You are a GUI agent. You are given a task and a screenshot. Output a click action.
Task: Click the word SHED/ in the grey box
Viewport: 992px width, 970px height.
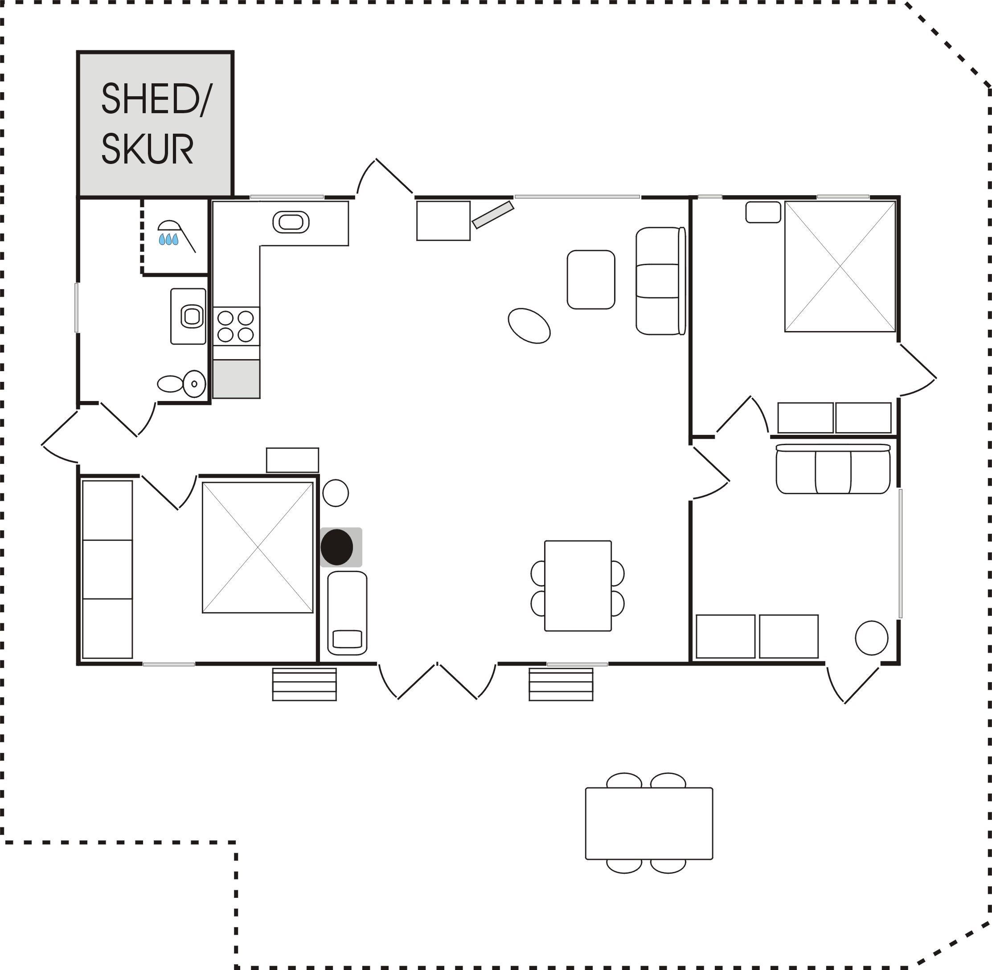pyautogui.click(x=156, y=99)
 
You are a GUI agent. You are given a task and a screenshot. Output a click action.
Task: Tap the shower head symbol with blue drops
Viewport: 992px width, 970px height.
pyautogui.click(x=176, y=235)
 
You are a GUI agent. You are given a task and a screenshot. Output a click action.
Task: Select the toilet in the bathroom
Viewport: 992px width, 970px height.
pyautogui.click(x=182, y=384)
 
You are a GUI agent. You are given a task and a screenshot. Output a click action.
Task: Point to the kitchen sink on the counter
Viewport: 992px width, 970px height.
pyautogui.click(x=291, y=223)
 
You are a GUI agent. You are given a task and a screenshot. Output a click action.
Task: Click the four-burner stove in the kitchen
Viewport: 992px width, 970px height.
pyautogui.click(x=236, y=326)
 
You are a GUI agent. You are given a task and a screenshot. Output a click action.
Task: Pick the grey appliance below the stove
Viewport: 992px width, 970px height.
pyautogui.click(x=236, y=379)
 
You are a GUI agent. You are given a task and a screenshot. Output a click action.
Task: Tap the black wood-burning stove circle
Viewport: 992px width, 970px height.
pyautogui.click(x=337, y=547)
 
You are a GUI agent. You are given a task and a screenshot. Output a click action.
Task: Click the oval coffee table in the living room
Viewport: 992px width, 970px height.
pyautogui.click(x=529, y=326)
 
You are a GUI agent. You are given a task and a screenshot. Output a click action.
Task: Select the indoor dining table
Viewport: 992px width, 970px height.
pyautogui.click(x=578, y=585)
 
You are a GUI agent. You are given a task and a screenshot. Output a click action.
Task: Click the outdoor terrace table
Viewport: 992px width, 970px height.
pyautogui.click(x=648, y=823)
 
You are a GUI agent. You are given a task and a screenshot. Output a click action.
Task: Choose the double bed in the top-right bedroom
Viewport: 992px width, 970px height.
pyautogui.click(x=840, y=266)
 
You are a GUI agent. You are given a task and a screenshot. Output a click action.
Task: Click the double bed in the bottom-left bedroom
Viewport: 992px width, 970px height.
pyautogui.click(x=257, y=547)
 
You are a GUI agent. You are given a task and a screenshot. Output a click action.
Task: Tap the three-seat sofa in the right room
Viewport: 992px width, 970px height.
pyautogui.click(x=833, y=469)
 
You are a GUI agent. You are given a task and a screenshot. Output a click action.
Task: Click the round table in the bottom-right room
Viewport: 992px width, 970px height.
pyautogui.click(x=871, y=637)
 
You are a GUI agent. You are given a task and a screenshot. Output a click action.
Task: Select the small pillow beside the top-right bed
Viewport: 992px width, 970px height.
pyautogui.click(x=763, y=212)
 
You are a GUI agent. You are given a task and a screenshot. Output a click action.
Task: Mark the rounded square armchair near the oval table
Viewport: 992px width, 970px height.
pyautogui.click(x=591, y=279)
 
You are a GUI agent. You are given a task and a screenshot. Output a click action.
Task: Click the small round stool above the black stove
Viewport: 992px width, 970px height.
pyautogui.click(x=335, y=493)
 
